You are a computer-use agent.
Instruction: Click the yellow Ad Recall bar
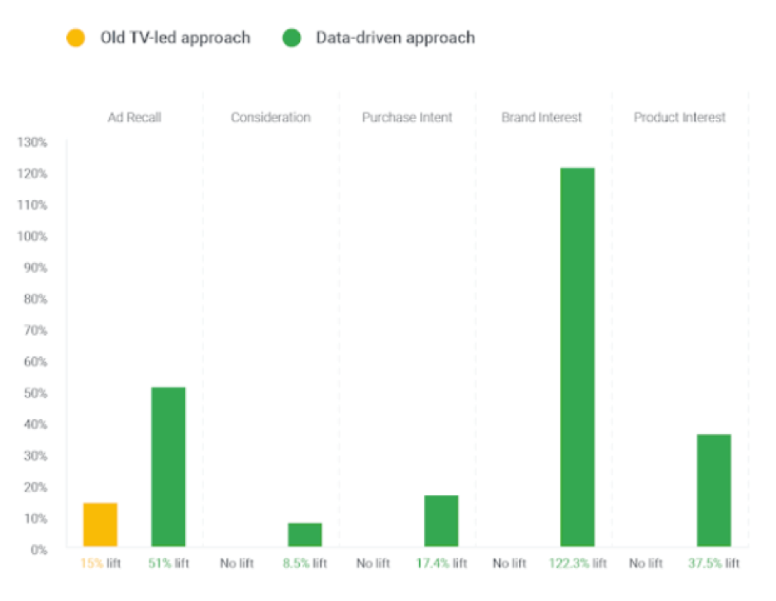pos(100,524)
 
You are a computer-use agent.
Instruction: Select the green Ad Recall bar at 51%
pos(169,466)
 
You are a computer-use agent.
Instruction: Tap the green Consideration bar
pos(305,534)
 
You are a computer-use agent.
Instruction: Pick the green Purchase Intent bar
pos(441,521)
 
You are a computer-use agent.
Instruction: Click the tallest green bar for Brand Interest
pos(577,356)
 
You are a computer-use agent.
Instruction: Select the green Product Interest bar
pos(714,489)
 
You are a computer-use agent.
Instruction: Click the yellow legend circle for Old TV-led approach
pos(76,38)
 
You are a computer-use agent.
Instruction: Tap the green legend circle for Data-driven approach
pos(292,38)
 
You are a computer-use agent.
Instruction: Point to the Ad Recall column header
pos(135,117)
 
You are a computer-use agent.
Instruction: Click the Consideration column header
pos(271,117)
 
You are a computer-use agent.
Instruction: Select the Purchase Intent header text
pos(407,117)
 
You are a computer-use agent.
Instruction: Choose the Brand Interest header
pos(542,117)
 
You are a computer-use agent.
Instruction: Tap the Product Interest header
pos(680,117)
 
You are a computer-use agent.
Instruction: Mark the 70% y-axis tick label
pos(35,331)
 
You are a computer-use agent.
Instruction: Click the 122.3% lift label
pos(578,564)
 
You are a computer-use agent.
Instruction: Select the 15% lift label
pos(100,564)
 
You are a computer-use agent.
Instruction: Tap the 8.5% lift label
pos(305,564)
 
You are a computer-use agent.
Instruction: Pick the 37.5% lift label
pos(714,564)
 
